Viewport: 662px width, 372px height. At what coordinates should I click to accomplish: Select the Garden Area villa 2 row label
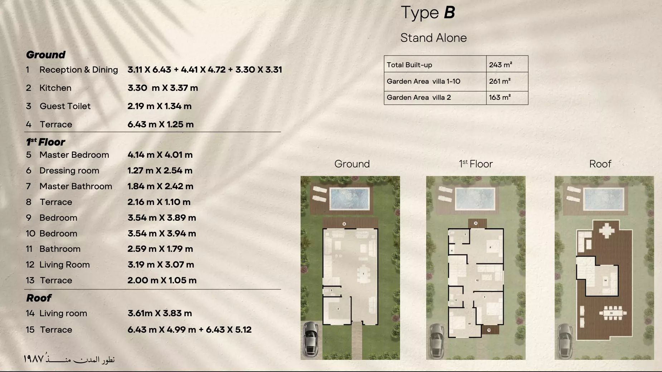(x=419, y=97)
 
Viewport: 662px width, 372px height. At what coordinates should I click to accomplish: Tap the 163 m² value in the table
(x=500, y=97)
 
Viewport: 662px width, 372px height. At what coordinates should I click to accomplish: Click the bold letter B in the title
(x=449, y=13)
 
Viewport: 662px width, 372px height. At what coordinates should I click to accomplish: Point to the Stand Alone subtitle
(x=433, y=38)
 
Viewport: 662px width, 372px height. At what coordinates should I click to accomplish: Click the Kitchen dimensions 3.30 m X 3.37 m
(x=162, y=88)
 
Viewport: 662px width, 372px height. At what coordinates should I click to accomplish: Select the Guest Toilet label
(x=65, y=106)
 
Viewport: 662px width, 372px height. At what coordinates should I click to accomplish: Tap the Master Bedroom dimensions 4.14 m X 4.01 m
(x=160, y=155)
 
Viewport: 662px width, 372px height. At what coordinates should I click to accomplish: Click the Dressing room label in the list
(x=69, y=171)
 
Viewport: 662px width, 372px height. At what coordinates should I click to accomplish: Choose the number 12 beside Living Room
(x=30, y=265)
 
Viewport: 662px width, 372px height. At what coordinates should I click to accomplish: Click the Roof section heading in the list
(x=39, y=298)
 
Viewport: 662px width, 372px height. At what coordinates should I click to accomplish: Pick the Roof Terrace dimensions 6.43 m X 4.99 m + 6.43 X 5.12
(x=189, y=330)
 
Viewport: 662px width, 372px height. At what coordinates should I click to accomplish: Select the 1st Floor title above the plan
(x=476, y=164)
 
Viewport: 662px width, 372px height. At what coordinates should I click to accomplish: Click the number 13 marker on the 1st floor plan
(x=489, y=330)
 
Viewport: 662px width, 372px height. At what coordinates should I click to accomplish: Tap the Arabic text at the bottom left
(x=69, y=359)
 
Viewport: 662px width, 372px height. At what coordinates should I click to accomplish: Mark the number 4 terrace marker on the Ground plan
(x=344, y=224)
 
